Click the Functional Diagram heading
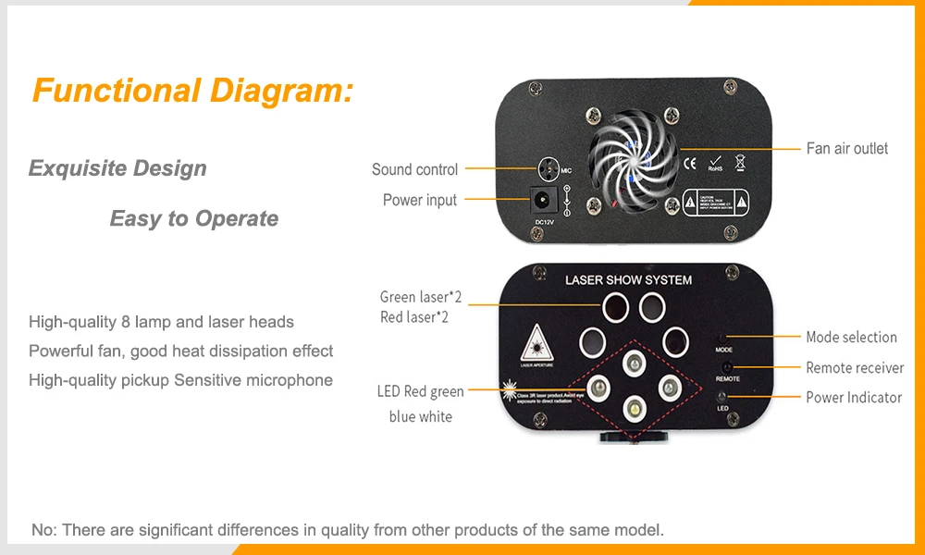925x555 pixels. pyautogui.click(x=192, y=91)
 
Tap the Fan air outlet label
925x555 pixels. pyautogui.click(x=846, y=148)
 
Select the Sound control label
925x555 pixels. pyautogui.click(x=414, y=169)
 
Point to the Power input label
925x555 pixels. pyautogui.click(x=420, y=200)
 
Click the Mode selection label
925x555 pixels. pyautogui.click(x=851, y=337)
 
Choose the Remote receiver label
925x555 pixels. pyautogui.click(x=855, y=367)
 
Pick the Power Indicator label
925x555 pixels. pyautogui.click(x=853, y=397)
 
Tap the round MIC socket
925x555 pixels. pyautogui.click(x=549, y=169)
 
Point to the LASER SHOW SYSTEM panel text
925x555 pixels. pyautogui.click(x=628, y=279)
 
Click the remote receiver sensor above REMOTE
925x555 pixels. pyautogui.click(x=726, y=367)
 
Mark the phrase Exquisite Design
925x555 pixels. pyautogui.click(x=117, y=168)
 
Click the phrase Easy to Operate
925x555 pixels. pyautogui.click(x=193, y=218)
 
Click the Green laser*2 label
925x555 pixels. pyautogui.click(x=420, y=297)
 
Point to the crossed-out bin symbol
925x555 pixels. pyautogui.click(x=740, y=164)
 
